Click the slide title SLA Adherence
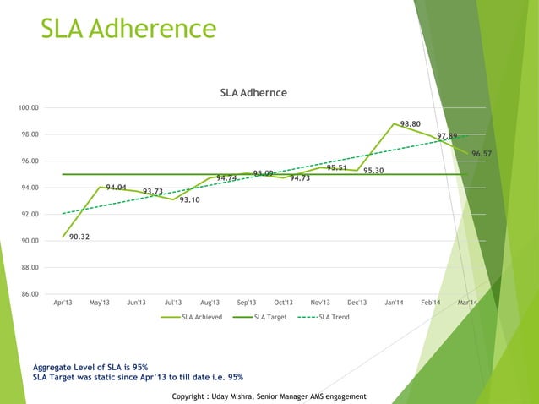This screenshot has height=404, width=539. (x=129, y=30)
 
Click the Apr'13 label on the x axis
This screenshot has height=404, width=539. (x=63, y=303)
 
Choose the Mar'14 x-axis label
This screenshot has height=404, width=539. (x=468, y=303)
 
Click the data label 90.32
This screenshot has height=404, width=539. (x=80, y=237)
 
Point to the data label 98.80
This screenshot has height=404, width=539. (x=411, y=124)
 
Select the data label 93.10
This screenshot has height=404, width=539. (x=189, y=199)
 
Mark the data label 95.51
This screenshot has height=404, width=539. (x=337, y=167)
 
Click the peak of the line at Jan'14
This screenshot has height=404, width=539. (x=394, y=123)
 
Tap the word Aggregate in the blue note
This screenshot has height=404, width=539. (x=53, y=367)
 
